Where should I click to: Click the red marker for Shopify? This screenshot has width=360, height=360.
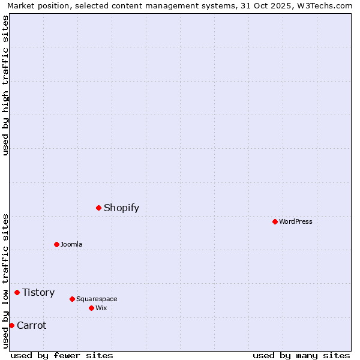click(98, 208)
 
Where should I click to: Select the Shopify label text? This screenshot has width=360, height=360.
click(121, 208)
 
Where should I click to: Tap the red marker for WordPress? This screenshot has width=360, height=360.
click(275, 221)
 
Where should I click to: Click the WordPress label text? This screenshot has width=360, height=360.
click(295, 222)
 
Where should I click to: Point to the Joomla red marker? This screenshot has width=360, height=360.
click(56, 244)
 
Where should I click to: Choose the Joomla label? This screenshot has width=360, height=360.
click(71, 245)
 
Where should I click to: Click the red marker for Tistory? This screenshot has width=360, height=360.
click(17, 292)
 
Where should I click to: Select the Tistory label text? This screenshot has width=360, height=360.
click(38, 293)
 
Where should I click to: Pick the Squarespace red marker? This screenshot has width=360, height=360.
click(72, 299)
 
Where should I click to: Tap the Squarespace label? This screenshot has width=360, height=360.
click(97, 299)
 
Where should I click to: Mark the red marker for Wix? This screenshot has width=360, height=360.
click(91, 308)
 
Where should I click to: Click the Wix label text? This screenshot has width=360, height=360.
click(101, 308)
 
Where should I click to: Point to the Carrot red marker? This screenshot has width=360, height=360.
click(11, 325)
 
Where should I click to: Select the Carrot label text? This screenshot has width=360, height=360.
click(31, 326)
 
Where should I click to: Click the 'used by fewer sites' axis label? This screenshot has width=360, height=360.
click(62, 356)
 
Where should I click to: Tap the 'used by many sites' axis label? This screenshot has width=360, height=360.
click(301, 356)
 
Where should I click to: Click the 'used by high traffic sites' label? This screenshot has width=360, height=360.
click(5, 85)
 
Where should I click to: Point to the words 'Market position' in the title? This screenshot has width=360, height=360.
click(35, 5)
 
